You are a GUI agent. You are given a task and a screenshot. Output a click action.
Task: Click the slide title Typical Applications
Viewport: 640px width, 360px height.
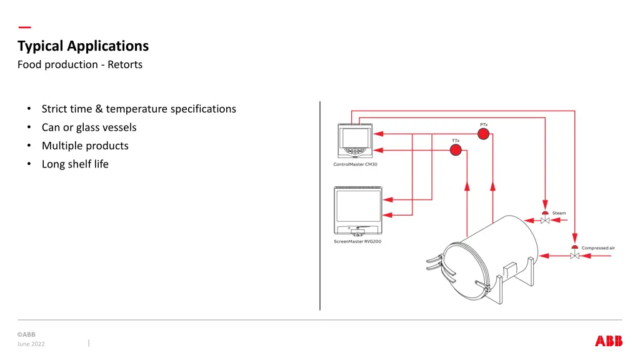coord(83,46)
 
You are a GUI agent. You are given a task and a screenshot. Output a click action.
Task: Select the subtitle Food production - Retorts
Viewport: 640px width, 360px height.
coord(80,64)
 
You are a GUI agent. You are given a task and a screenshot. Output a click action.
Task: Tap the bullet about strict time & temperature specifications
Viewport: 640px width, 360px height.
coord(139,109)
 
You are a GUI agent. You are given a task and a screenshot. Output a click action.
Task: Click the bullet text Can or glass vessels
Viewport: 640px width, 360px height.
coord(89,127)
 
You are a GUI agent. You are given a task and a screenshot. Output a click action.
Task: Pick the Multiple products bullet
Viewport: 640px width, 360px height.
coord(85,146)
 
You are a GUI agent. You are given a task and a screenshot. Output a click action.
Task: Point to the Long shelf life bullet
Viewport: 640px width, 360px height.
coord(75,164)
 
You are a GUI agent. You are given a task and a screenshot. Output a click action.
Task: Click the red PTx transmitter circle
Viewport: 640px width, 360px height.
coord(483,134)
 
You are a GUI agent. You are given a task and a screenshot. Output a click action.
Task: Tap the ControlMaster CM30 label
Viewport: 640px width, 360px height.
coord(355,165)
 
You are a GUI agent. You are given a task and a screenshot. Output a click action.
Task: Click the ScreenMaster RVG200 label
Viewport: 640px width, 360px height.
coord(357,241)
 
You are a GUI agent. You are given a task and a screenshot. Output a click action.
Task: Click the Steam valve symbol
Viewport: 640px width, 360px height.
coord(545,218)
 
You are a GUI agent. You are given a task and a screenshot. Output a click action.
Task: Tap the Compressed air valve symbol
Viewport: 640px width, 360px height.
coord(574,253)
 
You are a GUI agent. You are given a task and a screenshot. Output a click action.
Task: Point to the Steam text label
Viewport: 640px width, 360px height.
coord(559,213)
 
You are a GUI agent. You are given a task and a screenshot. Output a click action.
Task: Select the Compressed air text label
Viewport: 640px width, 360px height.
coord(598,248)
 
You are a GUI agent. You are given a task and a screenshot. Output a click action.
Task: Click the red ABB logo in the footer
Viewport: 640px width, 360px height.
coord(609,341)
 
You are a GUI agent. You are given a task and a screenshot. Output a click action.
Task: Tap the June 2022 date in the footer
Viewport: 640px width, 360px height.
coord(31,344)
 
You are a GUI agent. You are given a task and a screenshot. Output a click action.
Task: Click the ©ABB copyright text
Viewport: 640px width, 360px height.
coord(26,334)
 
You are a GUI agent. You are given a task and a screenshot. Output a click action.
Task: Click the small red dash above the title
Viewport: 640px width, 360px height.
coord(24,27)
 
